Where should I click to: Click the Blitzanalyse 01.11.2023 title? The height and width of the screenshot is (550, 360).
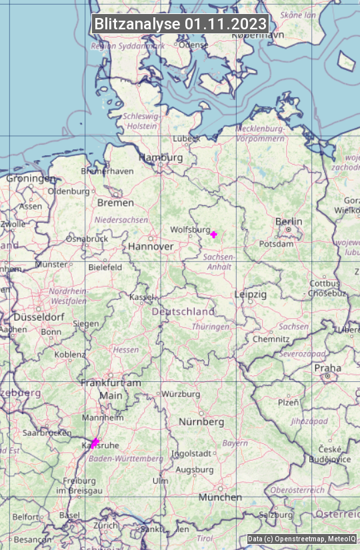coord(180,24)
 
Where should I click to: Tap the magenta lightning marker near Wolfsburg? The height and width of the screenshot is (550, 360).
coord(213,234)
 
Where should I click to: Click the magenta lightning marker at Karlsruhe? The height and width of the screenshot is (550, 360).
coord(95,443)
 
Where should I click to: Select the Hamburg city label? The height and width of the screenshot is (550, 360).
coord(160,157)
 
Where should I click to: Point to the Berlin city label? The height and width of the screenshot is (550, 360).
coord(289,221)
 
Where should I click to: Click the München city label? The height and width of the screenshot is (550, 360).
coord(220,497)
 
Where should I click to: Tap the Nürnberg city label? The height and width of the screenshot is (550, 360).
coord(201,422)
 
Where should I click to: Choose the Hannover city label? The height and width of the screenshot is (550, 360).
coord(151,246)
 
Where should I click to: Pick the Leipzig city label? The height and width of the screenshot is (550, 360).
coord(251,294)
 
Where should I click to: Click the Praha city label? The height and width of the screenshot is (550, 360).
coord(327,368)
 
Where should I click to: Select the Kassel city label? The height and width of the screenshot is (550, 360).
coord(142,297)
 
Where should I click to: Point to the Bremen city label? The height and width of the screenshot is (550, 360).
coord(115,203)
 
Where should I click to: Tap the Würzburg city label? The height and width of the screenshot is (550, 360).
coord(181,394)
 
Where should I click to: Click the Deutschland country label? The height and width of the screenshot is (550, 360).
coord(183,311)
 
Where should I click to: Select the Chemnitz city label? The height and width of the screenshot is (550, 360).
coord(271,339)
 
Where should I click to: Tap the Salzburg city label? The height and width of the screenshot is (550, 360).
coord(276,515)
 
